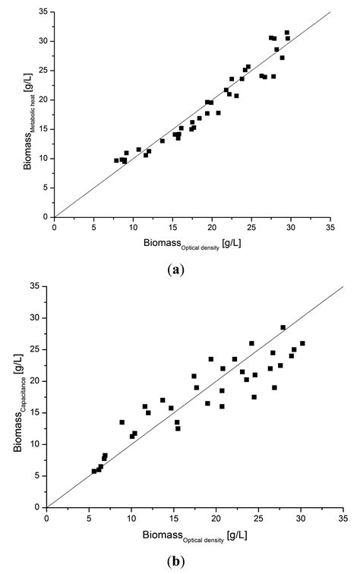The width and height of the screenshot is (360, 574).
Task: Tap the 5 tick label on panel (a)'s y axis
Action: (x=45, y=188)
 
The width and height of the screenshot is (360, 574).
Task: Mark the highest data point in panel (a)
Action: (x=287, y=33)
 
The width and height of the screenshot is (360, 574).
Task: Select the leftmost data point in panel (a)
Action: (x=116, y=160)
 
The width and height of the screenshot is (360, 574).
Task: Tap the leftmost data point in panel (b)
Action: (x=94, y=471)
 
